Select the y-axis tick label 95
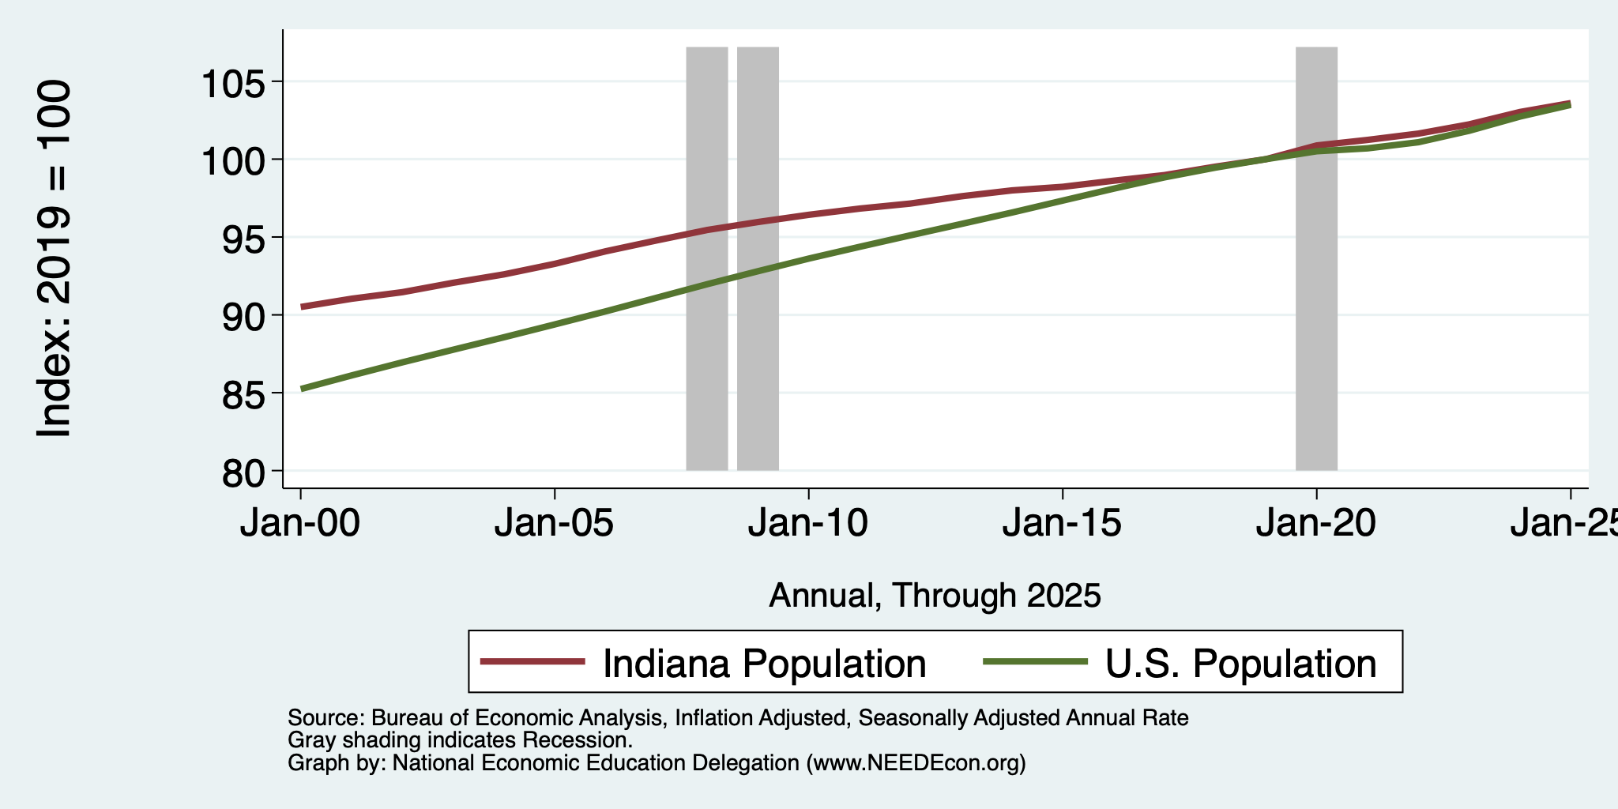(x=245, y=239)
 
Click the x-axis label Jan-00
(x=300, y=523)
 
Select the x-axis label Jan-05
(x=555, y=523)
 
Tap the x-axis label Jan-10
(x=808, y=523)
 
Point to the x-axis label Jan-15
(x=1063, y=523)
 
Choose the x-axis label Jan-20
(x=1316, y=523)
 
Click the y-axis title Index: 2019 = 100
(x=55, y=258)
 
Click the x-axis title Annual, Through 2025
(x=935, y=596)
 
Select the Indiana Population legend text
(x=764, y=664)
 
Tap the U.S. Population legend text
(x=1240, y=664)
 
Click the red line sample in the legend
(x=533, y=662)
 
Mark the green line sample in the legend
(x=1036, y=662)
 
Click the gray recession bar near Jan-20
(x=1316, y=258)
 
